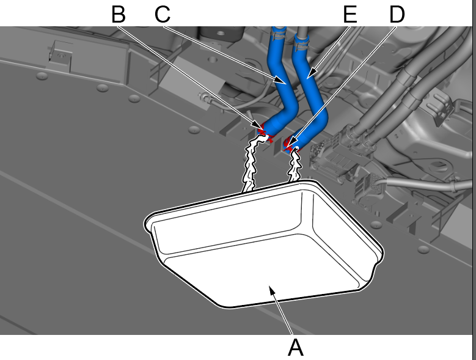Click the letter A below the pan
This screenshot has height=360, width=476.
pos(295,347)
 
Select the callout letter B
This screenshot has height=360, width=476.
pos(119,14)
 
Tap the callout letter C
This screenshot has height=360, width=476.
pos(163,14)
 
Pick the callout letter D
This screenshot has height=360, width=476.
pos(397,14)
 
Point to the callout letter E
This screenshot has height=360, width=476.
pos(350,14)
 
